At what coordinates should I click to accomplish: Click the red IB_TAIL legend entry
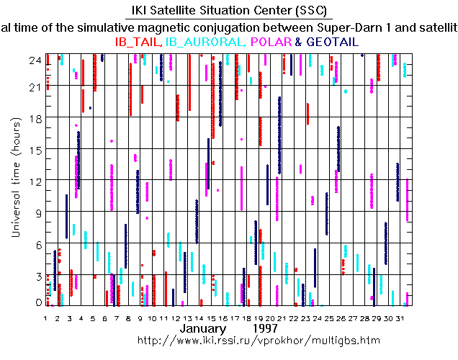[138, 42]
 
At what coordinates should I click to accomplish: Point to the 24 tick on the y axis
[35, 60]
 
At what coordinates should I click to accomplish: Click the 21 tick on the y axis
[35, 87]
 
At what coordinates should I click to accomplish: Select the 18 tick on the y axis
[35, 118]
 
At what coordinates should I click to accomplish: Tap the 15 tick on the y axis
[35, 149]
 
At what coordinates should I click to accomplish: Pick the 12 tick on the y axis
[35, 180]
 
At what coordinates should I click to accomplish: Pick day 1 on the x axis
[45, 318]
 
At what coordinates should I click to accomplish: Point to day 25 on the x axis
[329, 318]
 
